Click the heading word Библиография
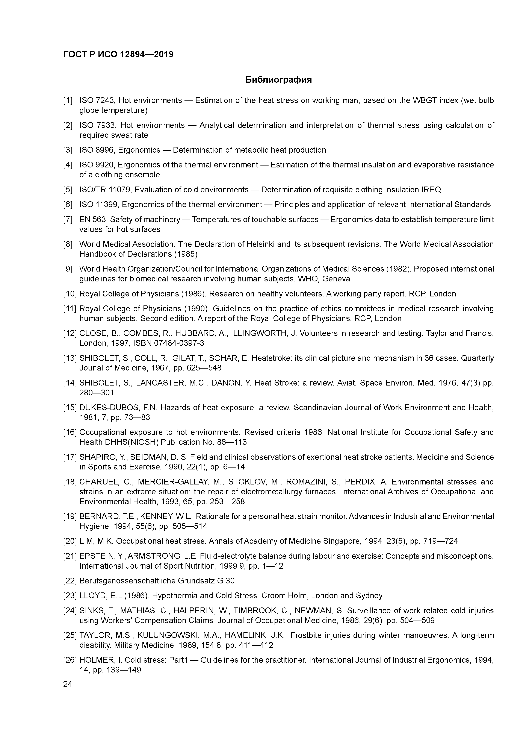[278, 80]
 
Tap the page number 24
[68, 684]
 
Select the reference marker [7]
[68, 219]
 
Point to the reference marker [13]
[70, 358]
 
